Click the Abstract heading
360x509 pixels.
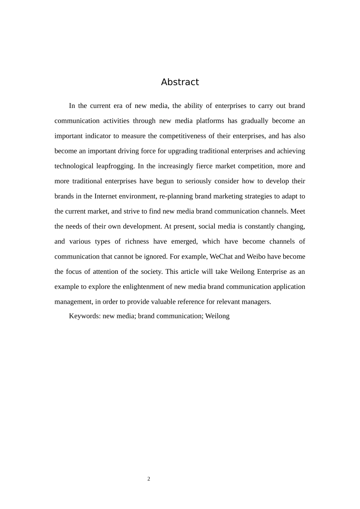tap(180, 82)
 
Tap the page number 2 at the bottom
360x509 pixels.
tap(149, 479)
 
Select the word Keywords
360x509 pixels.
tap(85, 316)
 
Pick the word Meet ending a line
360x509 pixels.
tap(297, 211)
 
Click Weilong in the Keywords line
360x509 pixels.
tap(217, 316)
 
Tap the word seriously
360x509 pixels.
tap(198, 181)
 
